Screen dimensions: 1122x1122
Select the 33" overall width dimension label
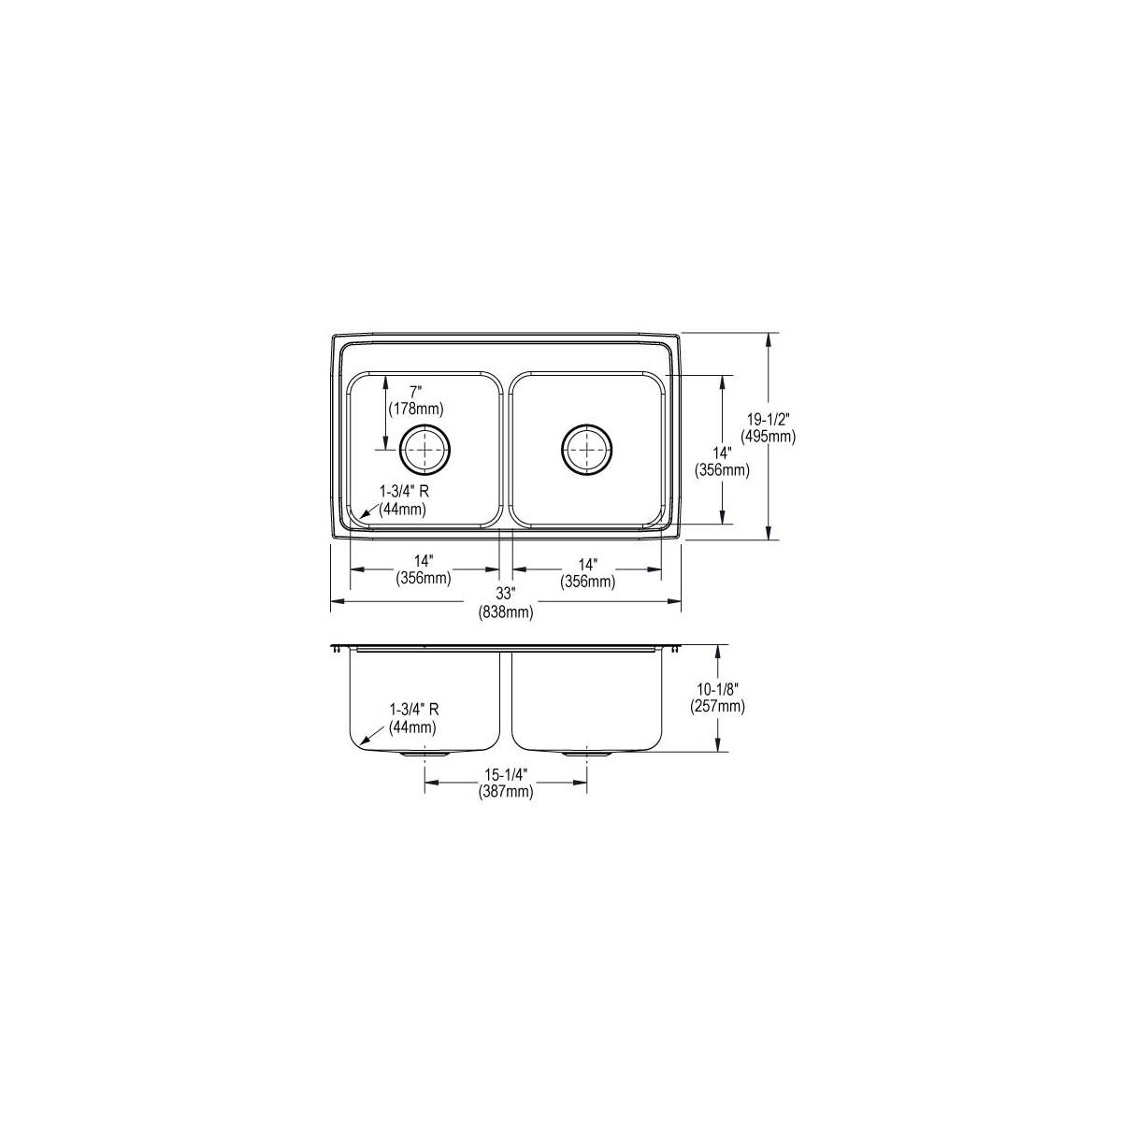(506, 594)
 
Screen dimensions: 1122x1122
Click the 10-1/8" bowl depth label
(718, 689)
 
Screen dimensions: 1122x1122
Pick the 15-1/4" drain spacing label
(506, 775)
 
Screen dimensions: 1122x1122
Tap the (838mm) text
(506, 611)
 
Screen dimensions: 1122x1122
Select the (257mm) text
(718, 707)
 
